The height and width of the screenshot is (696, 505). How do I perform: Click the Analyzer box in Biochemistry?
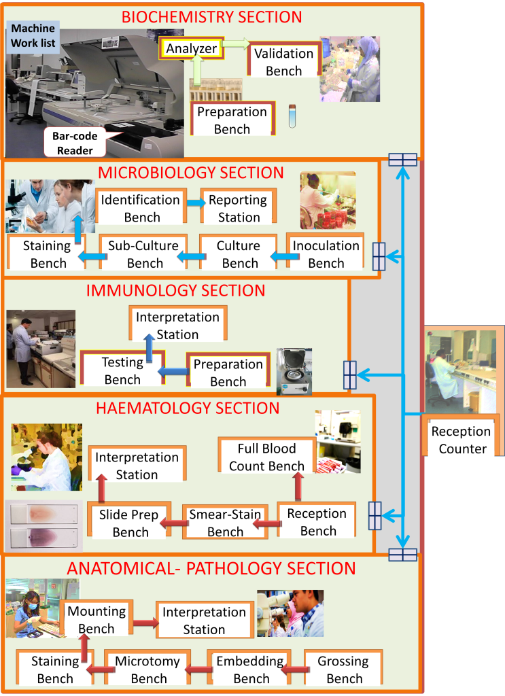tap(192, 48)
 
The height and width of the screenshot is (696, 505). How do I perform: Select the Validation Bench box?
tap(283, 62)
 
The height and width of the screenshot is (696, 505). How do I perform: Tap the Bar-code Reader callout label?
tap(75, 143)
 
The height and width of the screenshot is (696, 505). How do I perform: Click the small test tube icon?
tap(292, 116)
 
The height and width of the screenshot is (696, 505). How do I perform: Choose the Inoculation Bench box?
tap(326, 254)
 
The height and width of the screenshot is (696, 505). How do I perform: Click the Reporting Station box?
tap(238, 208)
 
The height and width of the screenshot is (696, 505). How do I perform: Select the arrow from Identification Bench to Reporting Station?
tap(195, 203)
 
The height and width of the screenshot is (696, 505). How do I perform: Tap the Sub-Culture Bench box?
tap(144, 254)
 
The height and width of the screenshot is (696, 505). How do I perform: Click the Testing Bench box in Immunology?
tap(122, 370)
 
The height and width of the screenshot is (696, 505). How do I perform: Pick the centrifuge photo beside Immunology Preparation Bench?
tap(294, 371)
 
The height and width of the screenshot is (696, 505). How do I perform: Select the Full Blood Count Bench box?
tap(266, 457)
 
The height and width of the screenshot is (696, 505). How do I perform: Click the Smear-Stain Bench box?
tap(224, 523)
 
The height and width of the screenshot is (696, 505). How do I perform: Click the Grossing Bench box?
tap(344, 669)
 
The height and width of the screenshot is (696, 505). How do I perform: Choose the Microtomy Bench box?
tap(148, 669)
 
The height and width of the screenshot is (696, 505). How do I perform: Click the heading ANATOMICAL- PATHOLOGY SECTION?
tap(210, 568)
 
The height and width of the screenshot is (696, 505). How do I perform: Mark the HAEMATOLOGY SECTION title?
tap(188, 408)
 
